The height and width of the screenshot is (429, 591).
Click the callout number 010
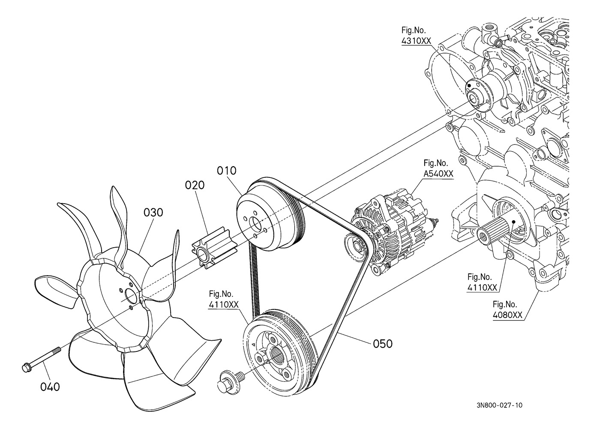(226, 171)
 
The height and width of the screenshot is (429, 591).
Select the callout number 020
(195, 185)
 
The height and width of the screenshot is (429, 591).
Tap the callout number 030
(153, 213)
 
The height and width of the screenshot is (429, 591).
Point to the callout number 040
(50, 387)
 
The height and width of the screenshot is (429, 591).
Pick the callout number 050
(383, 344)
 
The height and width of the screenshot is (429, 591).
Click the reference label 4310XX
(416, 41)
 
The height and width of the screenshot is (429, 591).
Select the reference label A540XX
(438, 174)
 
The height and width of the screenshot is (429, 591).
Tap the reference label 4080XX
(507, 315)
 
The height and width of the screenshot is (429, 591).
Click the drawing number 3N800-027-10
(499, 405)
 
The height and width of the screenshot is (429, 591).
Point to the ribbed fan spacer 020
(211, 249)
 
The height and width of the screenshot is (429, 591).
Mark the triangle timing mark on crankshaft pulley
(253, 344)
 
